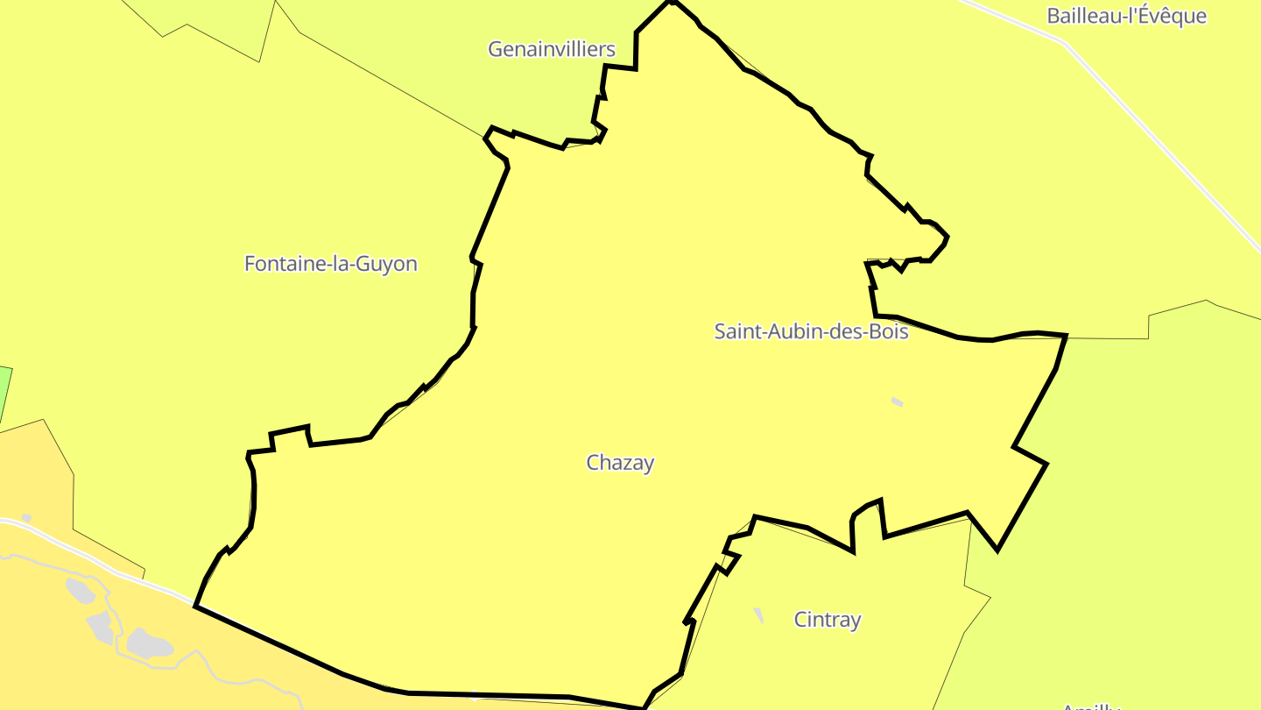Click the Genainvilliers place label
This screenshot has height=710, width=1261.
point(552,49)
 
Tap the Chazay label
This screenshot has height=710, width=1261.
point(620,463)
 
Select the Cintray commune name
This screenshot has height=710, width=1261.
point(828,620)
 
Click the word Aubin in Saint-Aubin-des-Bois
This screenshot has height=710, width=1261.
point(792,332)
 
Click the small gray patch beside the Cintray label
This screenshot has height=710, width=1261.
point(758,615)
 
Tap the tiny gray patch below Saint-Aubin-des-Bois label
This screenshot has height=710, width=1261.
point(897,402)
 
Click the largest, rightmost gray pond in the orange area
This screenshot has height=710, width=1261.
point(149,643)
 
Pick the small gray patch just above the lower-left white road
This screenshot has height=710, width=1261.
point(26,519)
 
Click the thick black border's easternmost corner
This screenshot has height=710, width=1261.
point(1066,336)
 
